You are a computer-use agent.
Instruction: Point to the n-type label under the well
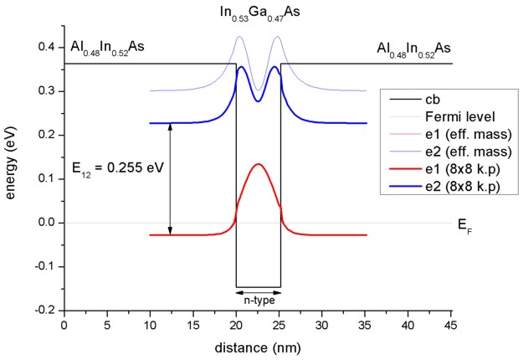point(258,298)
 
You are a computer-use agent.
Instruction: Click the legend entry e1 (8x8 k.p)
point(459,172)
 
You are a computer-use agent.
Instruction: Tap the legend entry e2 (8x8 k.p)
point(459,189)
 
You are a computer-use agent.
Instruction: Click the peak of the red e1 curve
point(258,164)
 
